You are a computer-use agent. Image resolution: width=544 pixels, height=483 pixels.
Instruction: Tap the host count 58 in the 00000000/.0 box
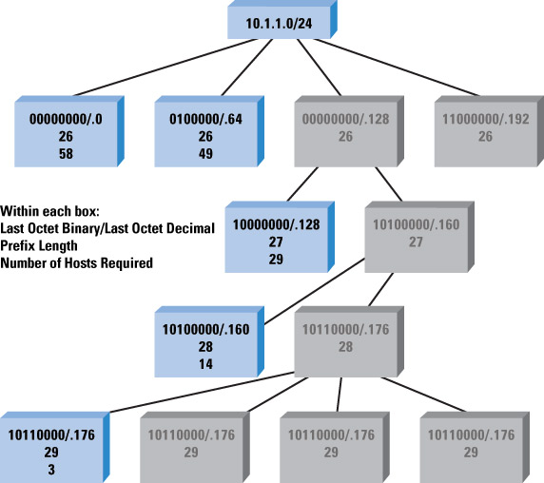tap(66, 154)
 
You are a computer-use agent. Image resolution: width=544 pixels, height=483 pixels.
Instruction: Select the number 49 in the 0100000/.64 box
tap(205, 154)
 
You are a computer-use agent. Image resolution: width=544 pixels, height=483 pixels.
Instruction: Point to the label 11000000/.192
tap(486, 119)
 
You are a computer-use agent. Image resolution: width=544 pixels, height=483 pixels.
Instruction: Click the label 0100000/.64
tap(205, 119)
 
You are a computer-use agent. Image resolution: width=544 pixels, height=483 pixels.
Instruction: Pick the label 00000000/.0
tap(66, 119)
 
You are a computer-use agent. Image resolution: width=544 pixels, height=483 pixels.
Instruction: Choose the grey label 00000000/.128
tap(345, 119)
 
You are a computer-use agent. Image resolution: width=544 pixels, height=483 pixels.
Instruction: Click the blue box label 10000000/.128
tap(276, 224)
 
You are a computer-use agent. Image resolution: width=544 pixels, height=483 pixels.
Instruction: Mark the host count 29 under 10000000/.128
tap(276, 259)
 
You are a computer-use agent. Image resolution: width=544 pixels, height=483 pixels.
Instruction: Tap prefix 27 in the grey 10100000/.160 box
tap(416, 242)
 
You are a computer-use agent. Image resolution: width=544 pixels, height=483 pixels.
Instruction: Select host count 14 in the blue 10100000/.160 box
tap(205, 364)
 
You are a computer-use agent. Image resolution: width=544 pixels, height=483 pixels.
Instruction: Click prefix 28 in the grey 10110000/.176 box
tap(345, 347)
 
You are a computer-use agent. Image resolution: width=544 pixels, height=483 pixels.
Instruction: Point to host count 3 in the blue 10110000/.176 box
tap(51, 470)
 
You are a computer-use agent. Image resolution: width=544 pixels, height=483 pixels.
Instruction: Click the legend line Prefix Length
tap(39, 246)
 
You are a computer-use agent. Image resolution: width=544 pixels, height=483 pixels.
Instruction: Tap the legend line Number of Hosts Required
tap(76, 262)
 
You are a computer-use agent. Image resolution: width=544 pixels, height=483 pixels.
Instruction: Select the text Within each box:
tap(49, 211)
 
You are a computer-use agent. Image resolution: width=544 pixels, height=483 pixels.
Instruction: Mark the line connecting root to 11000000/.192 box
tap(397, 68)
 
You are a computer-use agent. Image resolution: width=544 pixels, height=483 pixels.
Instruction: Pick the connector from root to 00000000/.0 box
tap(165, 68)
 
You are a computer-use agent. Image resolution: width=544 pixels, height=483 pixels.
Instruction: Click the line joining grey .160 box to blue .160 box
tap(315, 291)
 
